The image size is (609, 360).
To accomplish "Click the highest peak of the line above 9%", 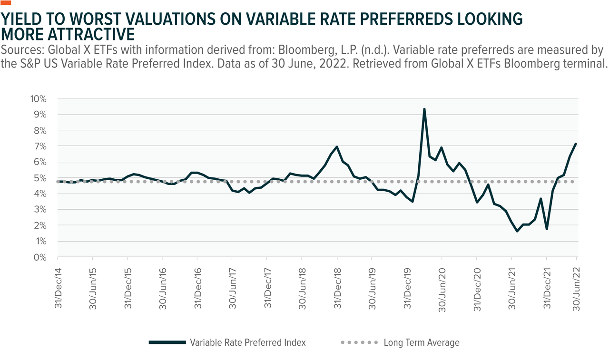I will click(x=424, y=109).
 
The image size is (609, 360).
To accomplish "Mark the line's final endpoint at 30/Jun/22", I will click(x=576, y=144).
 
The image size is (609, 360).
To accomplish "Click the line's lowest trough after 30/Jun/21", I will click(x=517, y=231).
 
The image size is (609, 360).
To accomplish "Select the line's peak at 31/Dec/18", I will click(x=337, y=146).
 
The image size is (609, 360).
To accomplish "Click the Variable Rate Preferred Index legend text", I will click(x=247, y=342).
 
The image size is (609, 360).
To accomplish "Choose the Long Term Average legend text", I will click(x=422, y=342).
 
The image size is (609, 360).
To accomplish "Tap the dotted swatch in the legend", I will click(x=359, y=342).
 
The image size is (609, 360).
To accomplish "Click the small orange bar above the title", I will click(x=6, y=3).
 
